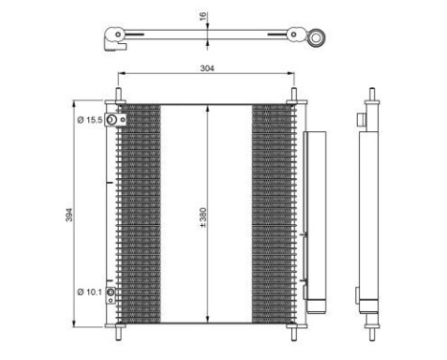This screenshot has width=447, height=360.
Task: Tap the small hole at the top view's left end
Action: tap(118, 40)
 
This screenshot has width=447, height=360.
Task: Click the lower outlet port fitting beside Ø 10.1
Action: tap(112, 292)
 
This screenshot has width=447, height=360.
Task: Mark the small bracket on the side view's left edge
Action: tap(360, 122)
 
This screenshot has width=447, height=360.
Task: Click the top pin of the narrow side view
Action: tap(369, 97)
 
